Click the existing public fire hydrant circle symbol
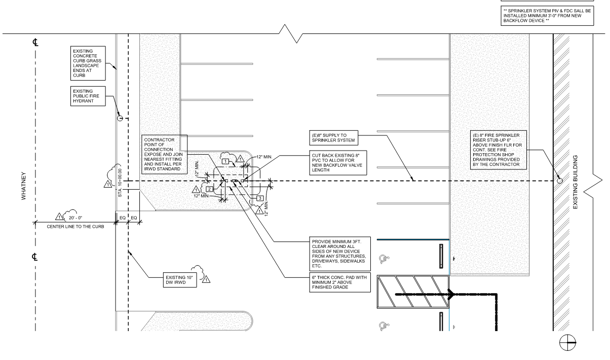coord(120,118)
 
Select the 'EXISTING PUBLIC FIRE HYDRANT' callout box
coord(88,96)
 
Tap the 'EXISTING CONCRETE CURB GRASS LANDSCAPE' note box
coord(88,63)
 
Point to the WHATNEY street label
coord(24,186)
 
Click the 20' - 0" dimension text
coord(75,218)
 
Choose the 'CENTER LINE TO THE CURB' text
coord(75,227)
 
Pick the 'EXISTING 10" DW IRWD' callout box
coord(180,280)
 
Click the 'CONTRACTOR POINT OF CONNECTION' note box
coord(165,154)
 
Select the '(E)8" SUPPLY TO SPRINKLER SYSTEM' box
coord(333,138)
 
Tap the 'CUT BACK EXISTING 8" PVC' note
coord(338,163)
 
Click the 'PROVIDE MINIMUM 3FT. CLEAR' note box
coord(340,254)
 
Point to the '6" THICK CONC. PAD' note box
coord(340,282)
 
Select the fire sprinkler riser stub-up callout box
coord(499,150)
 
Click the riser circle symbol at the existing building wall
coord(560,181)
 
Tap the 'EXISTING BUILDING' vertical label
coord(575,182)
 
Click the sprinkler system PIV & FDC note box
coord(547,16)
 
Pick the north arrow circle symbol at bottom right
coord(567,343)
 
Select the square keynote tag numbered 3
coord(260,198)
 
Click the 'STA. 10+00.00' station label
coord(120,183)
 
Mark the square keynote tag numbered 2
coord(209,189)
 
